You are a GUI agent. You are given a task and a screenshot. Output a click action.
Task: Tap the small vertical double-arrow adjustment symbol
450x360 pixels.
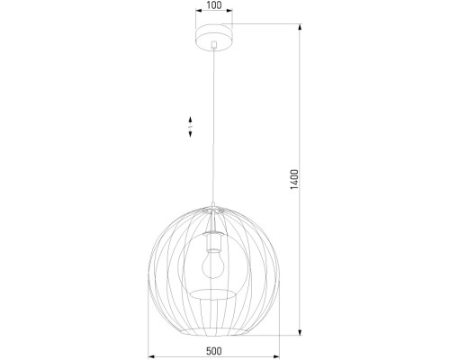(x=190, y=127)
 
